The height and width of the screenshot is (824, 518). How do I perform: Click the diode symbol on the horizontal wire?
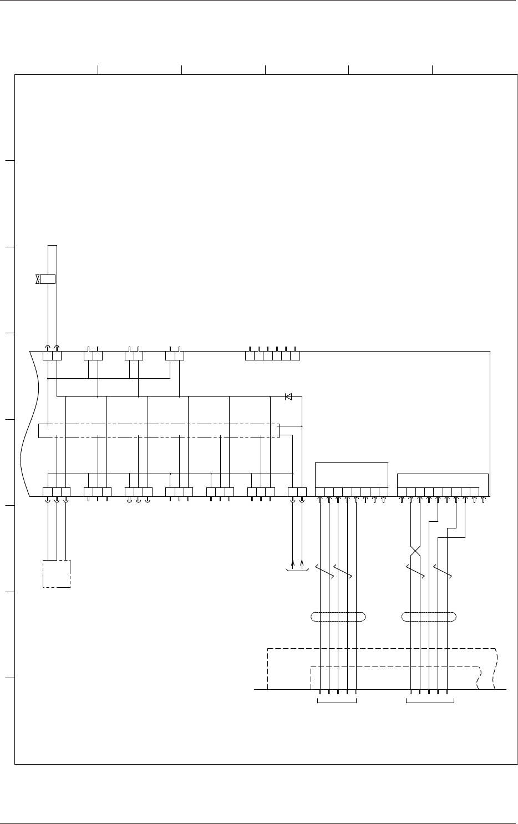point(288,396)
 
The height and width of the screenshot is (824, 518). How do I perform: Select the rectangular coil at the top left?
point(48,279)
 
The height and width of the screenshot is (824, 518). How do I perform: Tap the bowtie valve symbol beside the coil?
point(37,279)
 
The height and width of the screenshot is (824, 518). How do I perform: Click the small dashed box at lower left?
point(57,574)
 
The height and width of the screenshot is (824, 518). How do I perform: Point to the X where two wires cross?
point(415,551)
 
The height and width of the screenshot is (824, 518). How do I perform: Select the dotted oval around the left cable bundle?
point(338,617)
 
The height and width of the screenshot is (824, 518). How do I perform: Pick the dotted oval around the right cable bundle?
point(429,617)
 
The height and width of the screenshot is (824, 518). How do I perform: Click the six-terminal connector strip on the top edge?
point(272,355)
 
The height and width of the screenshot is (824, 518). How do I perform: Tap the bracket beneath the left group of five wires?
point(337,703)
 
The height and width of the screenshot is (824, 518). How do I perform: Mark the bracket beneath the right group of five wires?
point(430,703)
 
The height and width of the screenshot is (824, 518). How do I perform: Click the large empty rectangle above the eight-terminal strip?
point(351,474)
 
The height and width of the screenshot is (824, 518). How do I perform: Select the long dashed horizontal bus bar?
point(159,430)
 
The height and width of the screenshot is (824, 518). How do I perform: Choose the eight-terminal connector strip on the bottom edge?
point(351,492)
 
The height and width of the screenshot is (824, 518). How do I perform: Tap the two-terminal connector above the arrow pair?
point(297,492)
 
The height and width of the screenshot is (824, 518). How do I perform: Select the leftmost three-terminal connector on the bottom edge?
point(57,492)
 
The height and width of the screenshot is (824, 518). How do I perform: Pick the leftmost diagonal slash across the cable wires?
point(324,572)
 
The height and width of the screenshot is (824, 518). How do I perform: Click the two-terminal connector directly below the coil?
point(52,355)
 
